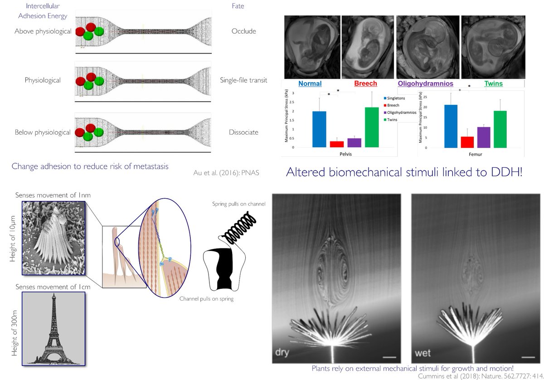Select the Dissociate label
click(x=243, y=132)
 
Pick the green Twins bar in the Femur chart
click(x=500, y=129)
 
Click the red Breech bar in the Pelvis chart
click(x=337, y=144)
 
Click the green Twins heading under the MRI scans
click(x=494, y=84)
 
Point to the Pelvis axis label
click(x=345, y=154)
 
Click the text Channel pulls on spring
click(x=206, y=299)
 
